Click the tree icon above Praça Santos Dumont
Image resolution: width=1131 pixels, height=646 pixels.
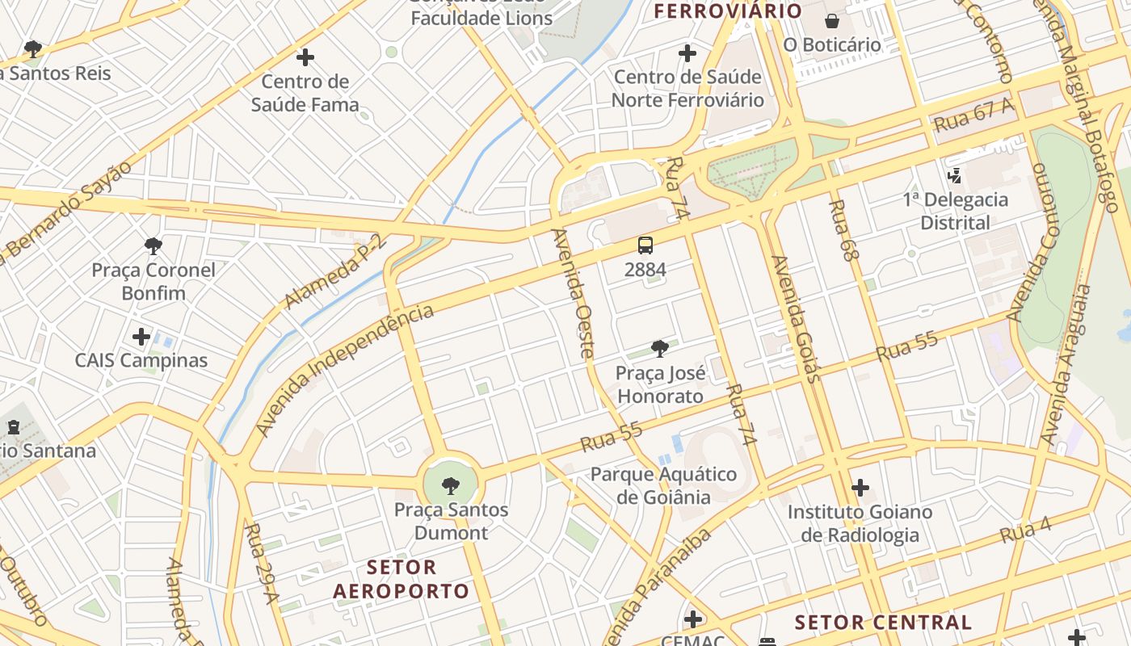click(451, 485)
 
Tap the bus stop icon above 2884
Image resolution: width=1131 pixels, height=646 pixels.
click(645, 245)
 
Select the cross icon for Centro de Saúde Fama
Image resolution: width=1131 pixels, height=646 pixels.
click(305, 57)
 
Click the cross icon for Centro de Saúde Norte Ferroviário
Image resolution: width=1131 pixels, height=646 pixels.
click(687, 53)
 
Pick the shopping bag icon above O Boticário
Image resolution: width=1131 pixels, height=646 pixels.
click(832, 21)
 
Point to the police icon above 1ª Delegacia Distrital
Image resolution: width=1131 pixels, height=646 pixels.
click(955, 175)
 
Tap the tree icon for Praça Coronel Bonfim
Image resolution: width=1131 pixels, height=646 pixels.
click(153, 245)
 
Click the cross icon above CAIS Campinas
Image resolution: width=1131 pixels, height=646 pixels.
click(141, 336)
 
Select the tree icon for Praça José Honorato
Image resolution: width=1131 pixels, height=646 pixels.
click(660, 349)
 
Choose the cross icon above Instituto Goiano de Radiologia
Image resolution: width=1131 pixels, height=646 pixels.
click(860, 488)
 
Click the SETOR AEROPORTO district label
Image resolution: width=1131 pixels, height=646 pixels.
click(401, 579)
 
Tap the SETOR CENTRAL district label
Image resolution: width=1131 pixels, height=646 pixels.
click(883, 623)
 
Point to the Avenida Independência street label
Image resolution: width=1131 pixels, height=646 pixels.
click(344, 371)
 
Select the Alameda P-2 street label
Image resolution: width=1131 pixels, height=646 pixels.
click(335, 271)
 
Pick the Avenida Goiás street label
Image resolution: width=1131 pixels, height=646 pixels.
click(796, 319)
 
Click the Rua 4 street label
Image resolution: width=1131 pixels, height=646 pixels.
click(1025, 531)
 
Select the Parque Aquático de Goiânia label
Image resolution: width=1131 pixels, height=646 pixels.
click(663, 484)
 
